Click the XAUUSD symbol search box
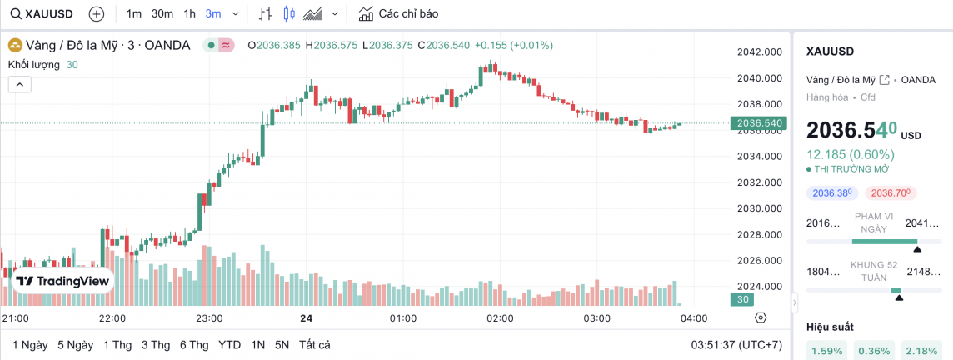click(42, 14)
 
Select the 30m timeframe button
click(162, 14)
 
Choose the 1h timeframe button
click(190, 14)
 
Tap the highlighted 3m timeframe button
click(213, 14)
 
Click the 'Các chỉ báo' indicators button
click(398, 14)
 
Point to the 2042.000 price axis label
click(759, 52)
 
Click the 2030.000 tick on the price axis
click(759, 208)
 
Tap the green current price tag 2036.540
click(756, 123)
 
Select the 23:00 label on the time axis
click(208, 318)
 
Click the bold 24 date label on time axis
click(307, 318)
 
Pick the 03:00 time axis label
click(596, 318)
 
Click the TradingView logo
click(63, 282)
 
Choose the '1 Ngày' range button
click(30, 345)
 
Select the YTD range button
click(230, 345)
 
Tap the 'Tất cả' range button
click(315, 345)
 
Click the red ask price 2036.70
click(891, 193)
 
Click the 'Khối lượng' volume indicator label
click(34, 65)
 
